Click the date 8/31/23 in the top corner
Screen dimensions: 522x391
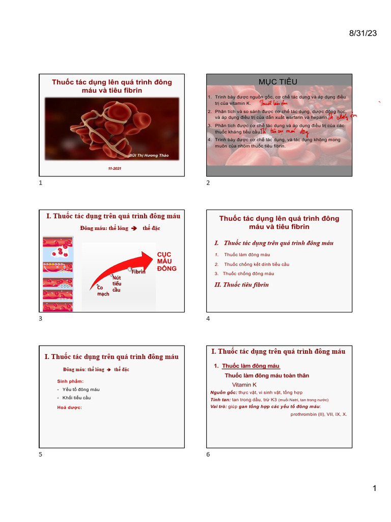pyautogui.click(x=363, y=33)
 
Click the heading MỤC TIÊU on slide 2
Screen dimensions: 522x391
pyautogui.click(x=278, y=82)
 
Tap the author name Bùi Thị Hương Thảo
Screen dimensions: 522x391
pyautogui.click(x=149, y=155)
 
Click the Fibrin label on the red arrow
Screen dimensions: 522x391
pyautogui.click(x=138, y=272)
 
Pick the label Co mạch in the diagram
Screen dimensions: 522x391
pyautogui.click(x=103, y=291)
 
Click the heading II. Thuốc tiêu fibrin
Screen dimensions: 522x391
pyautogui.click(x=242, y=284)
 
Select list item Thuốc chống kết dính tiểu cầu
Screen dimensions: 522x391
pyautogui.click(x=256, y=264)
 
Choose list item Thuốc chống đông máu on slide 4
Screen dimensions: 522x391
pyautogui.click(x=248, y=274)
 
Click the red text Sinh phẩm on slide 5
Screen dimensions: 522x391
pyautogui.click(x=70, y=381)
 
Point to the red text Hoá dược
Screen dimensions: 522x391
pyautogui.click(x=69, y=407)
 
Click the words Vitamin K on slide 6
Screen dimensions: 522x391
pyautogui.click(x=244, y=384)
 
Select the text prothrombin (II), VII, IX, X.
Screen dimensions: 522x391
pyautogui.click(x=319, y=414)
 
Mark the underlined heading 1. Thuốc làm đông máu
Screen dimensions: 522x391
pyautogui.click(x=247, y=366)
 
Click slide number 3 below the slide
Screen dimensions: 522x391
pyautogui.click(x=41, y=319)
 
